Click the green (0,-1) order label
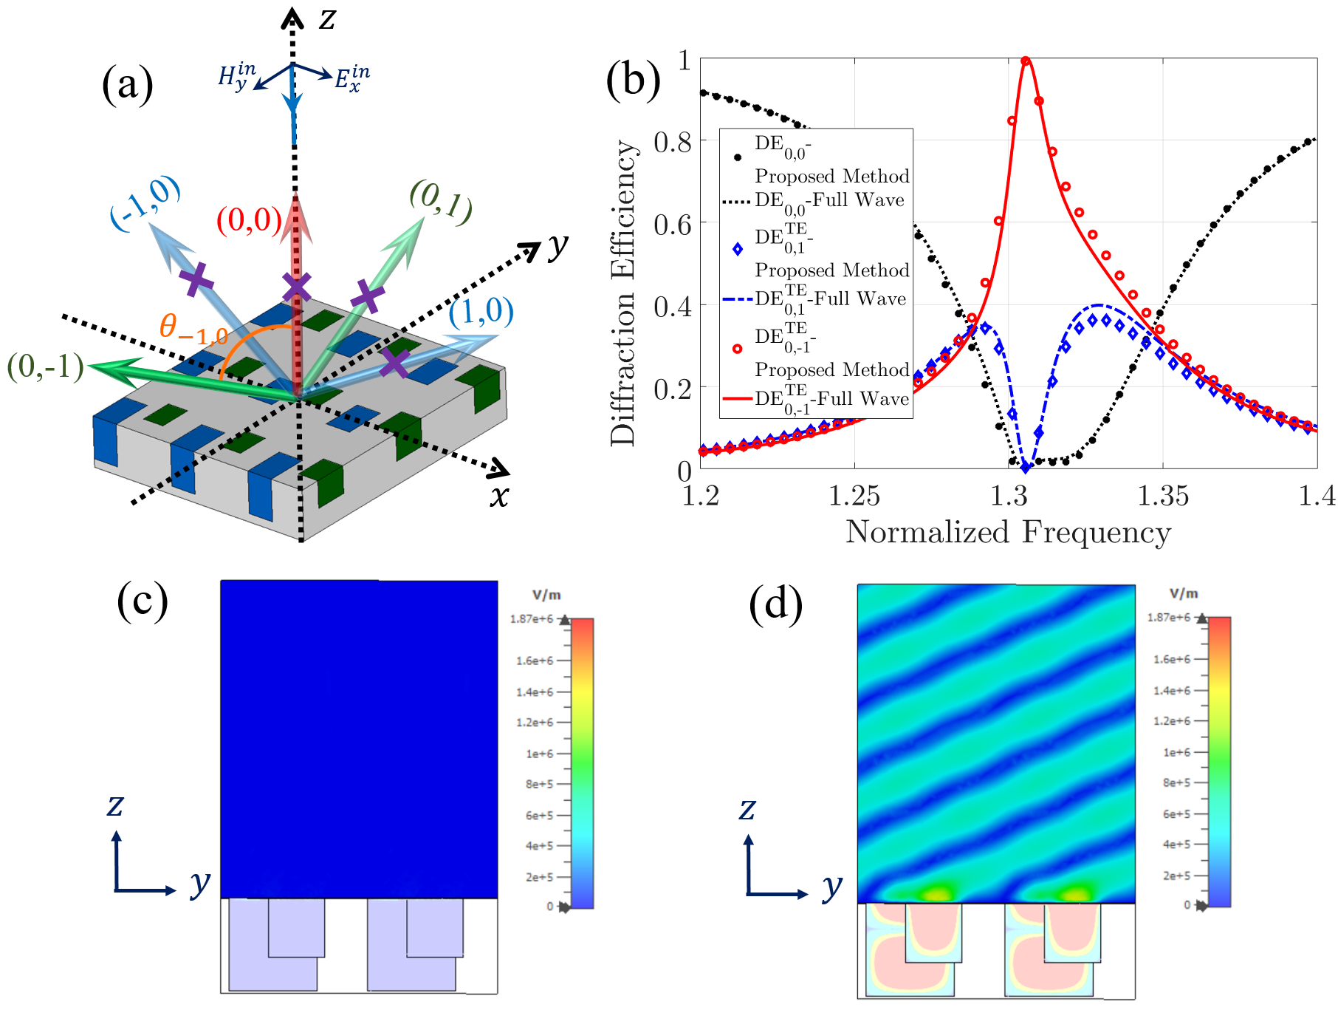(x=45, y=366)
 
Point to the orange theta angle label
(x=192, y=328)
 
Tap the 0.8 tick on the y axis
(x=673, y=141)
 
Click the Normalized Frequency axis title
(x=1008, y=533)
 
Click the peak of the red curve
(x=1025, y=61)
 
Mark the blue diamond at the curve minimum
(x=1025, y=468)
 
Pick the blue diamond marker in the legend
(x=737, y=249)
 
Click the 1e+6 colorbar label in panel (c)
(x=539, y=754)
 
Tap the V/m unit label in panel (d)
(x=1184, y=594)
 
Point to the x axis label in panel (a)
(x=500, y=497)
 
